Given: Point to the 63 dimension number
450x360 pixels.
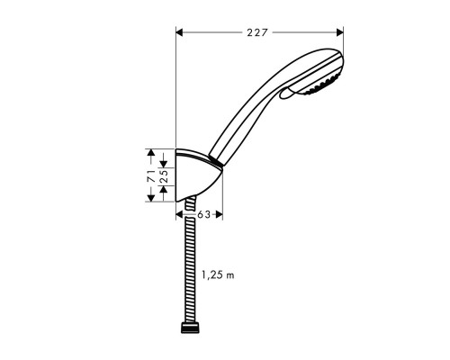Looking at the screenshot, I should click(x=203, y=215).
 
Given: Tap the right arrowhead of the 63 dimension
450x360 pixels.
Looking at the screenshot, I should click(x=218, y=215).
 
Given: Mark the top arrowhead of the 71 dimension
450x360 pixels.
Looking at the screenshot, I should click(x=152, y=153).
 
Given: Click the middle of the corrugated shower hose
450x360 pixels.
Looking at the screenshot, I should click(x=189, y=270).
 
